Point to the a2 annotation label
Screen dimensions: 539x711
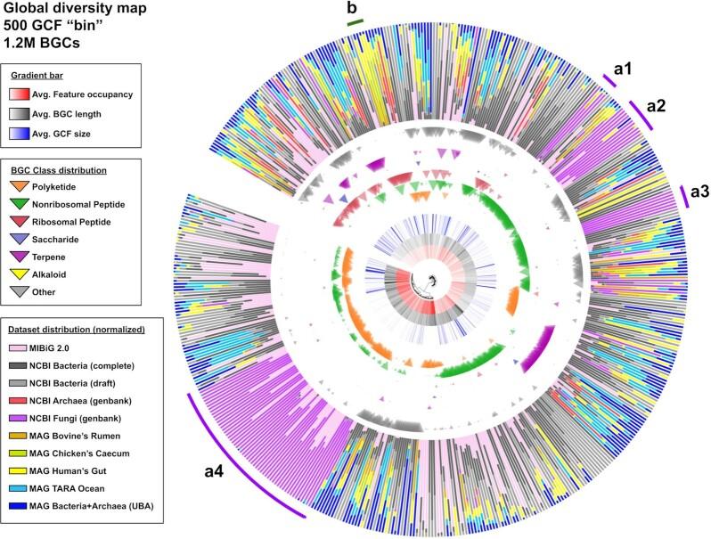pyautogui.click(x=658, y=105)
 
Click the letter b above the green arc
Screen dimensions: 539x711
pyautogui.click(x=352, y=10)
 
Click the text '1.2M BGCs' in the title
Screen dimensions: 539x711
pyautogui.click(x=38, y=42)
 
